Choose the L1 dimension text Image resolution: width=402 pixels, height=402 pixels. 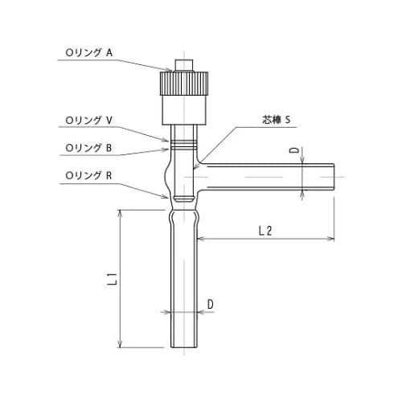(113, 280)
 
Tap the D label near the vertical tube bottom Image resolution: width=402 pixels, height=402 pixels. (209, 303)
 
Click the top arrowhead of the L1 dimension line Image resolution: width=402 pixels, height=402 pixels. (121, 211)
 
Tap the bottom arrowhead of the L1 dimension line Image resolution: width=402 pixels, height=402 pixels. (121, 346)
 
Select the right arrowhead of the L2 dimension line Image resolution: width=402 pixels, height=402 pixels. (331, 239)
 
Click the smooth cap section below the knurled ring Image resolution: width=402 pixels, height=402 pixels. (184, 108)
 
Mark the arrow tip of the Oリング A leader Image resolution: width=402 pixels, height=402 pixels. (172, 72)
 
